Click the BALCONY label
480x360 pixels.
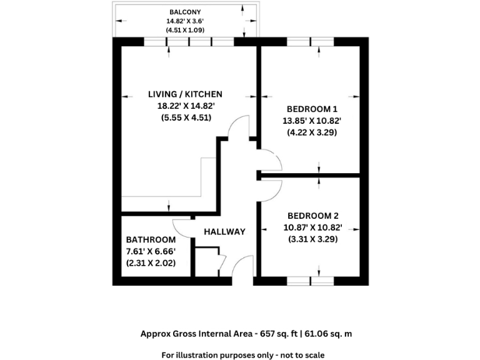pos(185,12)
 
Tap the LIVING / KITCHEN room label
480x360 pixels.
pos(185,94)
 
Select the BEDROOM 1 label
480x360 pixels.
pos(312,107)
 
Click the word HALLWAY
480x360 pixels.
pos(225,232)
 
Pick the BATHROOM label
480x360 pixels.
pos(151,240)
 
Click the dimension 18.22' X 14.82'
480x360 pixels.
pos(185,106)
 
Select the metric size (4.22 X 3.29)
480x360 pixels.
pos(312,132)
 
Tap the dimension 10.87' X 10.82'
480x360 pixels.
pos(312,227)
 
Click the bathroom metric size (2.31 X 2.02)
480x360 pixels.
pos(151,263)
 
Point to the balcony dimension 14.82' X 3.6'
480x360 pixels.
pos(185,21)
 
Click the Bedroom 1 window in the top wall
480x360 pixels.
pos(311,42)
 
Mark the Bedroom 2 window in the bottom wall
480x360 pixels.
pos(311,281)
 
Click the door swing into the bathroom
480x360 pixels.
pos(182,229)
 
